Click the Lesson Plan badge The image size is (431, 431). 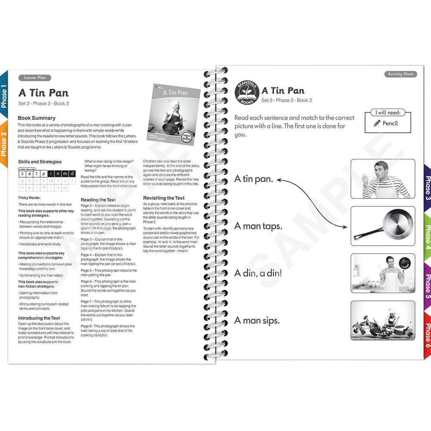pos(34,78)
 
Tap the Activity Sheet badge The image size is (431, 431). pos(400,74)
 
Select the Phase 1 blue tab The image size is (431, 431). pos(4,97)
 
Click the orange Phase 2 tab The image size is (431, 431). pos(4,144)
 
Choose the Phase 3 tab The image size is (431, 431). pos(427,188)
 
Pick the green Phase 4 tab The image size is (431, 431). pos(427,237)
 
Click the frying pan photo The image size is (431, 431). pos(383,226)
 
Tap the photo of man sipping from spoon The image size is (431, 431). pos(383,178)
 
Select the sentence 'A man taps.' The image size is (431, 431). pos(258,226)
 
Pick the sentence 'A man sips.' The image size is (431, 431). pos(257,320)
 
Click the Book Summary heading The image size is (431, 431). pos(37,118)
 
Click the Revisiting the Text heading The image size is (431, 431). pos(164,198)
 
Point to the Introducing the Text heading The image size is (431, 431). pos(39,318)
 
